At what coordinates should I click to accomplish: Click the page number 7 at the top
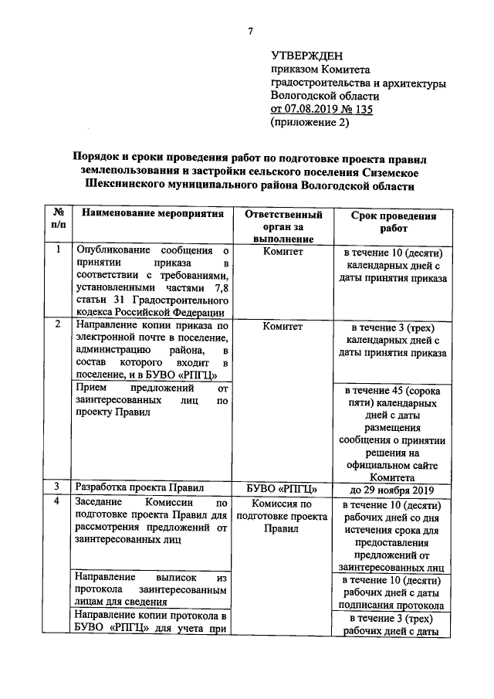coord(249,30)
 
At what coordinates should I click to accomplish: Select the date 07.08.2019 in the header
coord(310,109)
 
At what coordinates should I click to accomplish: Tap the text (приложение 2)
coord(310,122)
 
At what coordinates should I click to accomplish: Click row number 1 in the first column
coord(58,249)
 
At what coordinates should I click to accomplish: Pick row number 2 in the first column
coord(58,325)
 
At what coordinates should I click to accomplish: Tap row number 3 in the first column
coord(58,487)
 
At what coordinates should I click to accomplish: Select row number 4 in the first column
coord(58,502)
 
